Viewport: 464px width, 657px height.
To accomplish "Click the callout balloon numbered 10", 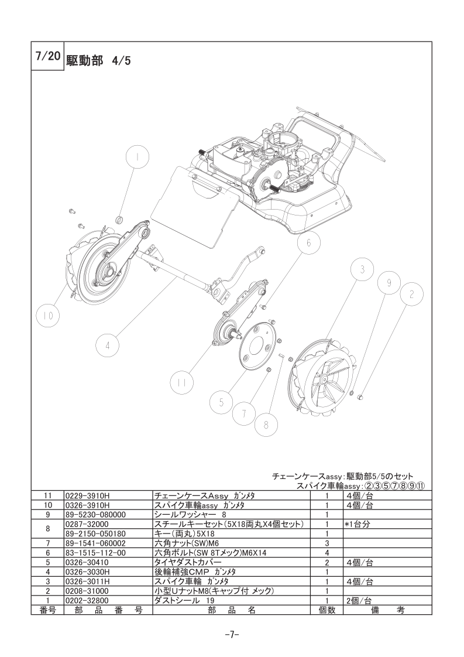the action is pyautogui.click(x=47, y=316).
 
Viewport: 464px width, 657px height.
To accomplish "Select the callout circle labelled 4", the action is pyautogui.click(x=107, y=345).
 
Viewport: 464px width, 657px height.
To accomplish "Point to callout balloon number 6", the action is pyautogui.click(x=309, y=244).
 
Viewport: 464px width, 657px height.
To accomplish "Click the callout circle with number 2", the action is pyautogui.click(x=411, y=295).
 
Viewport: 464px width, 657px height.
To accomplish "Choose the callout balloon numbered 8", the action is pyautogui.click(x=266, y=425).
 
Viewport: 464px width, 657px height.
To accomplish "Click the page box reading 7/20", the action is pyautogui.click(x=48, y=56).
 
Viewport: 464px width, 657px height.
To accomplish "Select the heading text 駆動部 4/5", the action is pyautogui.click(x=98, y=61).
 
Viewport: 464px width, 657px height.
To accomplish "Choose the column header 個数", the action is pyautogui.click(x=327, y=610).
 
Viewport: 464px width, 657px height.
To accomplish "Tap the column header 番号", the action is pyautogui.click(x=48, y=610).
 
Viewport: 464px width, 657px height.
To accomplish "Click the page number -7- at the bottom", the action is pyautogui.click(x=232, y=635).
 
